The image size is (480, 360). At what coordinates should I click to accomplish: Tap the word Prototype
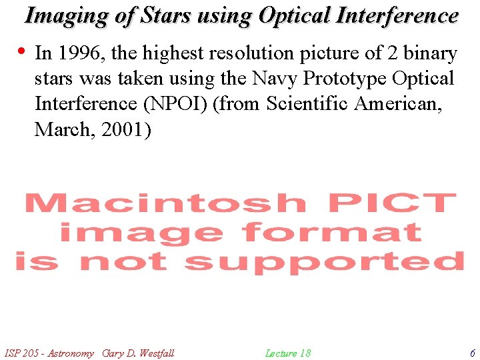347,79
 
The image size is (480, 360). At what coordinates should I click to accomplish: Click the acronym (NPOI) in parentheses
175,104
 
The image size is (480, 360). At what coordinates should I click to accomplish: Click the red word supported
324,262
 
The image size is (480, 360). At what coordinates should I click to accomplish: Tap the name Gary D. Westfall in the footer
139,353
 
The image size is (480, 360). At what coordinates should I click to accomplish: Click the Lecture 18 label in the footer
288,353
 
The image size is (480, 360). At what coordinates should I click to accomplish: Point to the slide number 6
472,353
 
